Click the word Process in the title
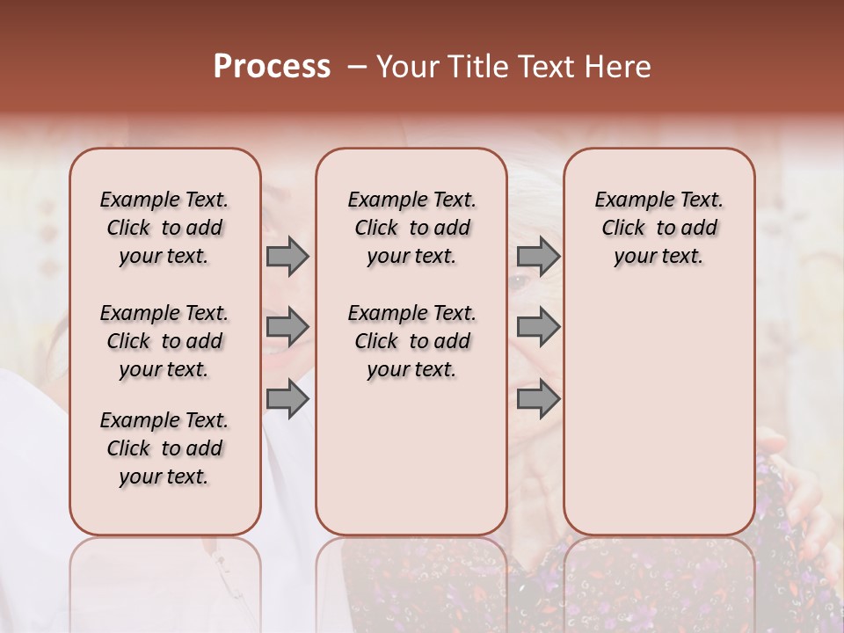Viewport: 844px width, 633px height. [x=272, y=67]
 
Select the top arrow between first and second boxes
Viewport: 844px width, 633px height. [x=287, y=257]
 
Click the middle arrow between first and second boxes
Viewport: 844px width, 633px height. [x=287, y=327]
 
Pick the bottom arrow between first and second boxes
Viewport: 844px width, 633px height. [x=287, y=400]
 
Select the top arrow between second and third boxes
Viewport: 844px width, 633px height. [x=538, y=257]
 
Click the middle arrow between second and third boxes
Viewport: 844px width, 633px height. [x=538, y=327]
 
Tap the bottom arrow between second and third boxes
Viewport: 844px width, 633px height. [x=538, y=400]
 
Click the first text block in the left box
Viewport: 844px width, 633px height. [x=164, y=228]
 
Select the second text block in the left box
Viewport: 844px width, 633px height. [x=164, y=341]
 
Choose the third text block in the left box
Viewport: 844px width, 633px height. [x=164, y=448]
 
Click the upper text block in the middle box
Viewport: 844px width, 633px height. [x=411, y=228]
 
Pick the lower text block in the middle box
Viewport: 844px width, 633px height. [x=411, y=341]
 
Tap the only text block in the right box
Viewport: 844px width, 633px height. [x=658, y=228]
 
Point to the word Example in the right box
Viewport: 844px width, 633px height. [x=630, y=200]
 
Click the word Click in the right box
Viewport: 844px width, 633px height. [x=623, y=229]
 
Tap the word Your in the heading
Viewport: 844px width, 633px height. [x=405, y=67]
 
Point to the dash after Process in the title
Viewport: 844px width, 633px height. [x=357, y=67]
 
